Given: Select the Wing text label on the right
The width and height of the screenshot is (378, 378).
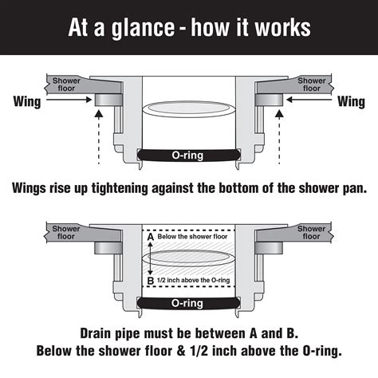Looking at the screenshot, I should pos(352,101).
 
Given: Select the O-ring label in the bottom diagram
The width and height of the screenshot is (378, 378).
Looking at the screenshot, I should pos(188,303).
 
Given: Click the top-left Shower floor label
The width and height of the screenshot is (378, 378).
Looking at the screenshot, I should pos(67,85).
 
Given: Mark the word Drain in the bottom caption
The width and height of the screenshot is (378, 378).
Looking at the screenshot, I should pos(102,332).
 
